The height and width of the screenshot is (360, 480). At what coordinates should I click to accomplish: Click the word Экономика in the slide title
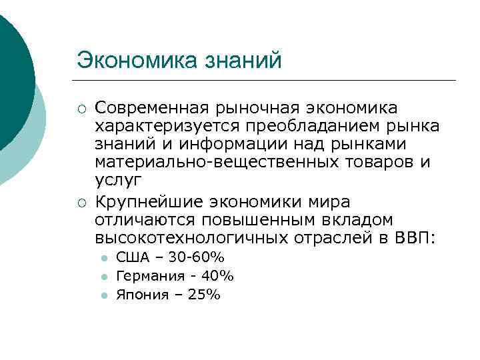pos(129,61)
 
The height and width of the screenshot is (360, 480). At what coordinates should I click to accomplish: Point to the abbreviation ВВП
pos(413,238)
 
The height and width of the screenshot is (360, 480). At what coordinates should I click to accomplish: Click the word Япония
pos(138,294)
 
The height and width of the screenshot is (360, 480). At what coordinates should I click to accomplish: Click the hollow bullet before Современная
pos(81,109)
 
